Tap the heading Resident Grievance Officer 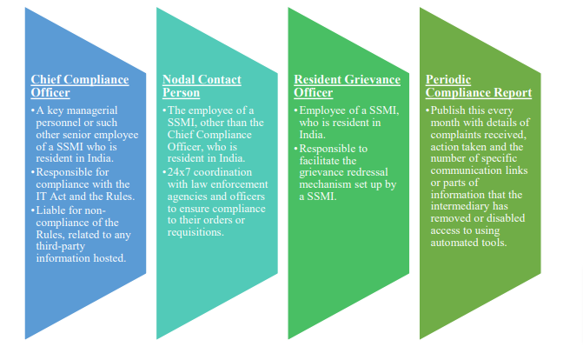348,86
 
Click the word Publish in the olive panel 450,111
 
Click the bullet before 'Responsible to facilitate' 295,148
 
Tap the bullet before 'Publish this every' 427,111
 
